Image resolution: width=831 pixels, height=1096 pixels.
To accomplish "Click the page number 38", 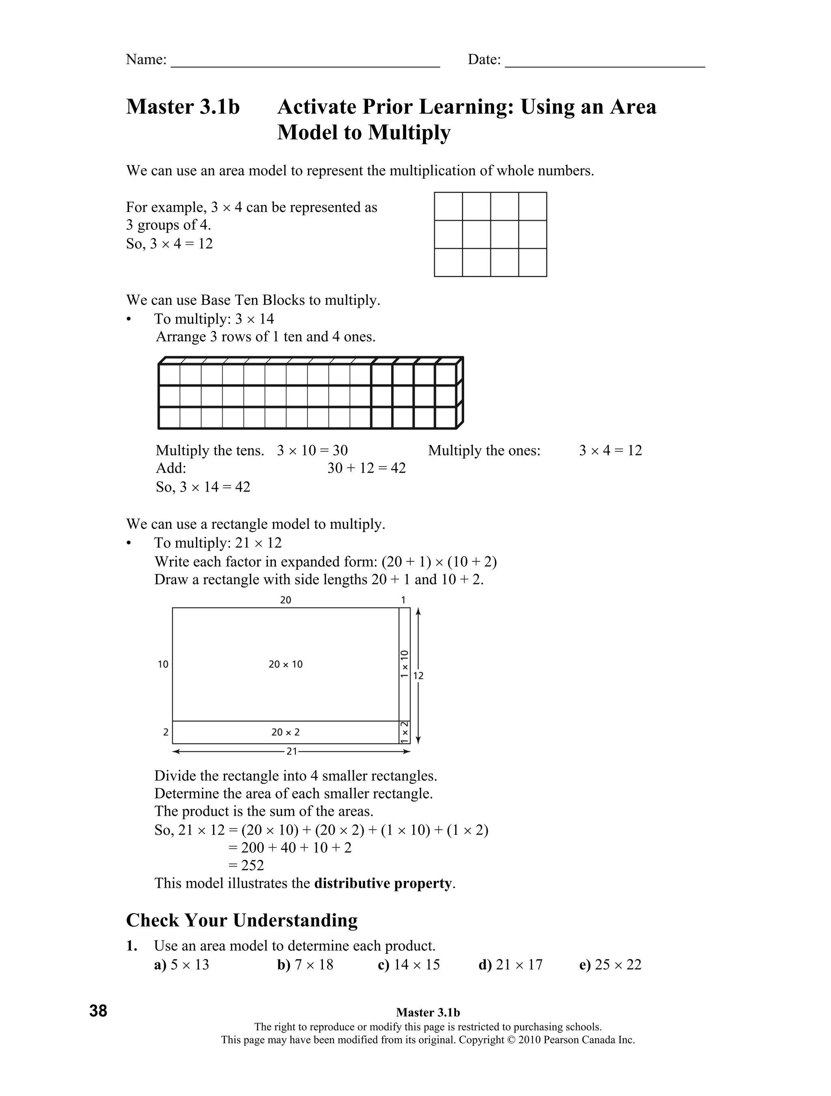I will coord(98,1010).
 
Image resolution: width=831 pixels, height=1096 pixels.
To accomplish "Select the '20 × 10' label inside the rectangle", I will coord(285,665).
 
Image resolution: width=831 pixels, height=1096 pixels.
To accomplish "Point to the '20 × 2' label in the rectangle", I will coord(285,732).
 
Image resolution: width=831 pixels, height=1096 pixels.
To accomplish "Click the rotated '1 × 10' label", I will coord(405,664).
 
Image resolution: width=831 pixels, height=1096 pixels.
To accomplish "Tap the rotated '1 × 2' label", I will coord(405,732).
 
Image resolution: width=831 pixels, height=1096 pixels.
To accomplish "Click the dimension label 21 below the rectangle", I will coord(292,752).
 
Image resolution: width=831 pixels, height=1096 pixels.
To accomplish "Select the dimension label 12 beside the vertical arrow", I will coord(418,676).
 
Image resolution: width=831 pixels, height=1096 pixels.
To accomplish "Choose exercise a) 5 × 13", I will coord(182,965).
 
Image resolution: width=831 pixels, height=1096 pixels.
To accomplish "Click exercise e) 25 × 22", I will coord(610,965).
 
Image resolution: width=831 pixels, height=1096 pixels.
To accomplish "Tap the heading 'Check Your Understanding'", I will coord(242,921).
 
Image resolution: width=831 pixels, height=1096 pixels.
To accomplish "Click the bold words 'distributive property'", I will coord(383,883).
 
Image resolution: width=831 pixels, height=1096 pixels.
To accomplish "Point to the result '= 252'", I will coord(246,865).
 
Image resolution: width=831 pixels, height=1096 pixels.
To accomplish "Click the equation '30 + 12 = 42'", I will coord(366,468).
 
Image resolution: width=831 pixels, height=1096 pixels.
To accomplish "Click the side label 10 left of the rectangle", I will coord(163,665).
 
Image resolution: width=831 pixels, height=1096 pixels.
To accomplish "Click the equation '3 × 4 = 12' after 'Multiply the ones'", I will coord(610,451).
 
